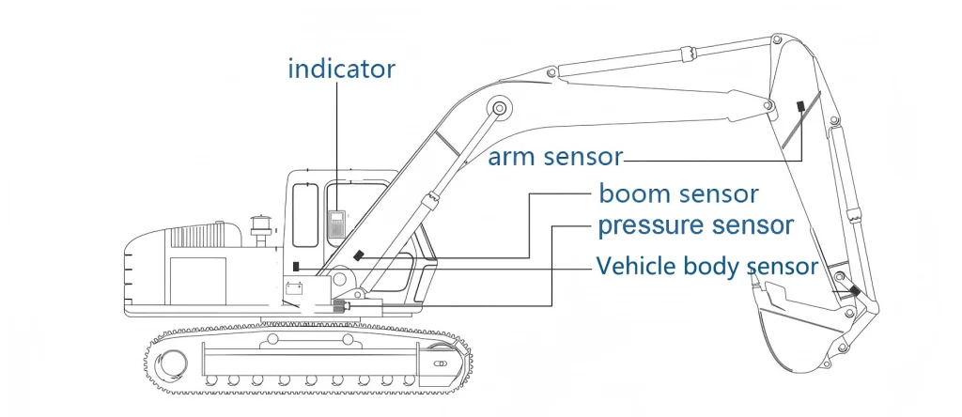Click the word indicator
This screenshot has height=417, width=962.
(341, 69)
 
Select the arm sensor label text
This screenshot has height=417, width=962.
(555, 158)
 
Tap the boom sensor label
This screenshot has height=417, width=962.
(678, 193)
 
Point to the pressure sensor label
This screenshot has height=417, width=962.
(696, 225)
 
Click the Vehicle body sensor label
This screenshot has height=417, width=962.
(706, 267)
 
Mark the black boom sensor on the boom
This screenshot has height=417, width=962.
(359, 255)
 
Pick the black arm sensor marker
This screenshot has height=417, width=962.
(800, 106)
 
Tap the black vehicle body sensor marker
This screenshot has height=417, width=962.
(296, 266)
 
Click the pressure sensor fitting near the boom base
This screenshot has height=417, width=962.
(341, 306)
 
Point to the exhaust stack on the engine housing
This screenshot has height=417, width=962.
(260, 231)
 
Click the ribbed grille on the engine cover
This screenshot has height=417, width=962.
(198, 235)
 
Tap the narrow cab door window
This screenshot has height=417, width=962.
(305, 215)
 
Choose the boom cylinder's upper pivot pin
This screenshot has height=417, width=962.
(500, 109)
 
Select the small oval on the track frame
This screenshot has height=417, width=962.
(440, 363)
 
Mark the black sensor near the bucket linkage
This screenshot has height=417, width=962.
(855, 290)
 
